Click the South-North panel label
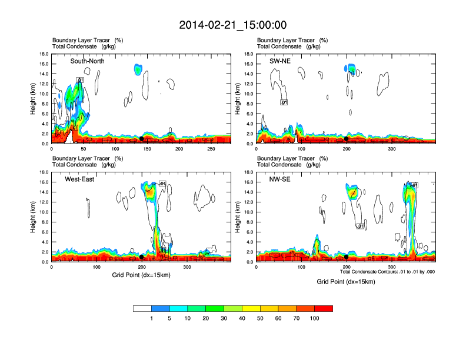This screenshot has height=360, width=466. pos(88,61)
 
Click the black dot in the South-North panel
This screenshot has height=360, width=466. pos(141,138)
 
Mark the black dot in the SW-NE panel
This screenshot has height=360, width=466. pos(347,138)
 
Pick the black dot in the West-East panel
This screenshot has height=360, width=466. pos(141,257)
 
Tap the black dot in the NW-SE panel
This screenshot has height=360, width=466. pos(347,257)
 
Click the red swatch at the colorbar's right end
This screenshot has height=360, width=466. pos(324,308)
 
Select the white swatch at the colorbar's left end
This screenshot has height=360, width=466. pos(142,308)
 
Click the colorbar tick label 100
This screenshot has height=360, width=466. pos(315,318)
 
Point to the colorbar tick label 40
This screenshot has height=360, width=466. pos(242,318)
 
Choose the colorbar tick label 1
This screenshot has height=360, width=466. pos(151,318)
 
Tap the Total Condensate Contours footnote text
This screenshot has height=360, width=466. pos(387,272)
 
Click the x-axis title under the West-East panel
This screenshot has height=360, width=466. pos(141,275)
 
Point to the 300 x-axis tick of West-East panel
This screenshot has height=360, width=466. pos(187,267)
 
